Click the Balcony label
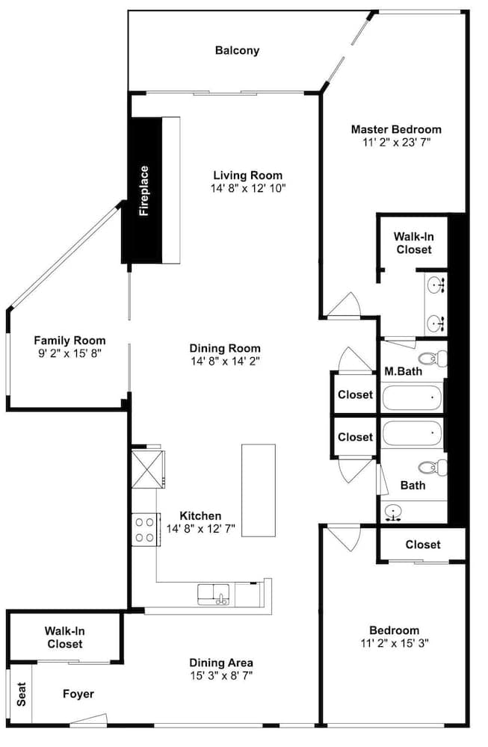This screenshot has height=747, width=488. [x=238, y=51]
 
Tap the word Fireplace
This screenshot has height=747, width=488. [x=143, y=190]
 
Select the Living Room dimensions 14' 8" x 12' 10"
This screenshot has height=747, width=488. [x=248, y=188]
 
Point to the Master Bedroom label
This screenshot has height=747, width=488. [x=396, y=129]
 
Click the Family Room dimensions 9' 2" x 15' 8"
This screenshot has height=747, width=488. [x=70, y=353]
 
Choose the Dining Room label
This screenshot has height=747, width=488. [x=225, y=348]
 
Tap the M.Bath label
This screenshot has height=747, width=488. [x=403, y=371]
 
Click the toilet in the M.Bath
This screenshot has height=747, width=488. [x=433, y=358]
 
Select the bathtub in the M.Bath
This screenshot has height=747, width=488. [x=412, y=398]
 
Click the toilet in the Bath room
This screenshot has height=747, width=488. [x=433, y=467]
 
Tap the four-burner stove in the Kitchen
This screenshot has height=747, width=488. [x=146, y=530]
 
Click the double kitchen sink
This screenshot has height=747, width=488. [x=214, y=595]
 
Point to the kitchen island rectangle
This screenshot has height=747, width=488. [x=259, y=490]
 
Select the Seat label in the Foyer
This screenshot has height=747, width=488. [x=22, y=694]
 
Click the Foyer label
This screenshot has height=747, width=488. [x=78, y=694]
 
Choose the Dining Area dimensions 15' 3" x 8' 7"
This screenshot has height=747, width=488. [x=221, y=675]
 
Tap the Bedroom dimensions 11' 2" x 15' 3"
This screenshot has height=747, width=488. [x=395, y=643]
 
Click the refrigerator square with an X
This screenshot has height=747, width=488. [x=148, y=469]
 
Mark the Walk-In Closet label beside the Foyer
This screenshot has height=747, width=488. [x=65, y=637]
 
